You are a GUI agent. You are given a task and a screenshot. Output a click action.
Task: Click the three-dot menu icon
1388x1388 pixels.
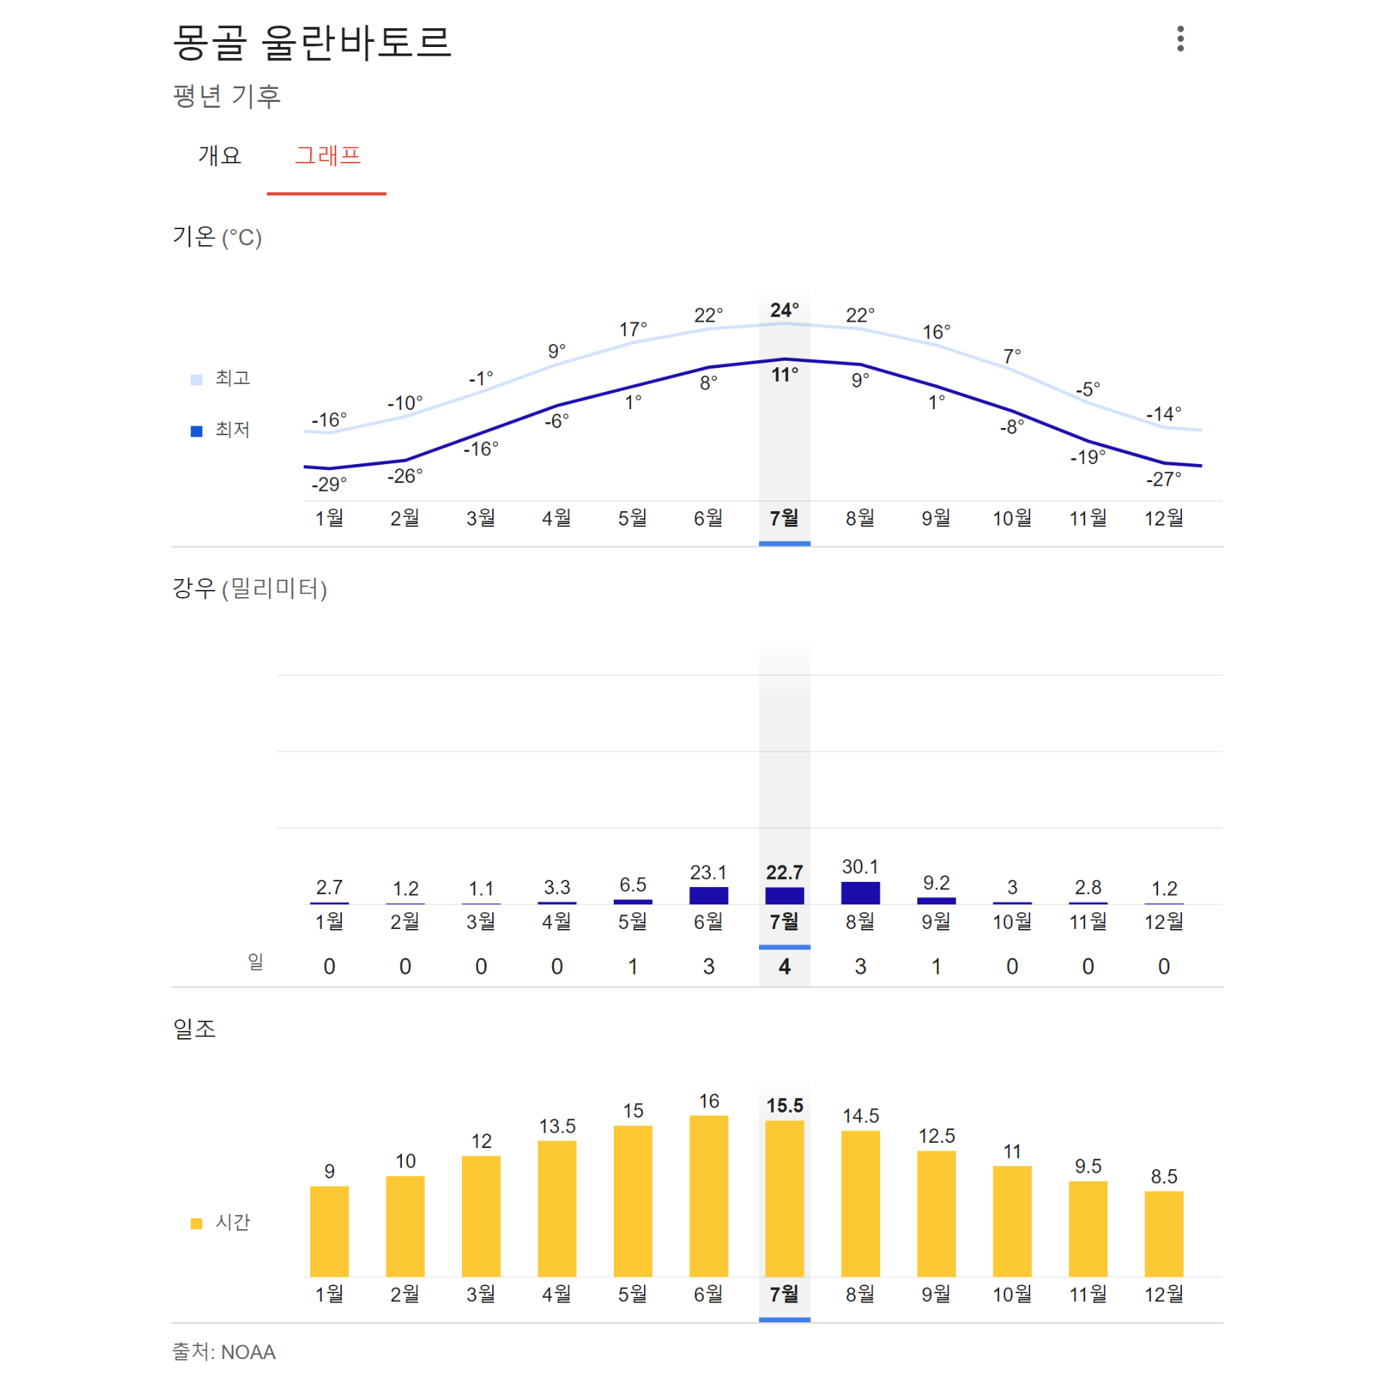tap(1180, 39)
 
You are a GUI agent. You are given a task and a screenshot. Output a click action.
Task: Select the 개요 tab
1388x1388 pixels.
tap(219, 155)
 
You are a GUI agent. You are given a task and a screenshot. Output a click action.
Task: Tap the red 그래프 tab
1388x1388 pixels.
tap(327, 155)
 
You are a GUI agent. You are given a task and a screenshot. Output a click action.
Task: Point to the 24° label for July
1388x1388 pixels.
tap(784, 310)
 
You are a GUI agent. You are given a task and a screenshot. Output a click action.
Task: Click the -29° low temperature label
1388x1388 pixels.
tap(329, 484)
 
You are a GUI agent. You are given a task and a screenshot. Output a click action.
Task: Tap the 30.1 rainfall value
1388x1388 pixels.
tap(860, 867)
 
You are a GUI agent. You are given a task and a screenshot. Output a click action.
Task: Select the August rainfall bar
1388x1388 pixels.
tap(860, 894)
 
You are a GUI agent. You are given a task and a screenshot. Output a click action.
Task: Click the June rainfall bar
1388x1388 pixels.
tap(708, 896)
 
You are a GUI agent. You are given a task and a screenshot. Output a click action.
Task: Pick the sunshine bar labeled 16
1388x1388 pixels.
tap(708, 1196)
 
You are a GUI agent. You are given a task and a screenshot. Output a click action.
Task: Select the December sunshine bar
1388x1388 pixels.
tap(1164, 1234)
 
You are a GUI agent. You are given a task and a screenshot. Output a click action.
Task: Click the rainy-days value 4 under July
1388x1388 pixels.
tap(784, 967)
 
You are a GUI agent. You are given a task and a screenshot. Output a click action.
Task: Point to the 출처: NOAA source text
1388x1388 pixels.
tap(224, 1352)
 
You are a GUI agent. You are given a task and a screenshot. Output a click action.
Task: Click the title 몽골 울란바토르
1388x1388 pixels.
tap(312, 42)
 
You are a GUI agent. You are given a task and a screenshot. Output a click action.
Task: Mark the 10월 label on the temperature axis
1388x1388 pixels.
tap(1012, 518)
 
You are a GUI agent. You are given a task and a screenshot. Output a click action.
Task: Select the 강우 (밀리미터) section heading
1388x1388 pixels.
tap(249, 588)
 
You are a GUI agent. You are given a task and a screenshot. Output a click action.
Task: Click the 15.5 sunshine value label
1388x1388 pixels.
tap(784, 1106)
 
